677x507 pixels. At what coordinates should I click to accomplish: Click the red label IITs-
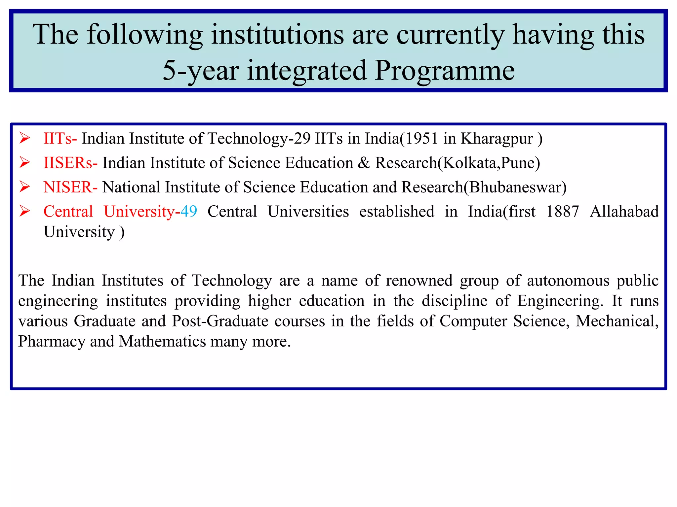click(x=60, y=139)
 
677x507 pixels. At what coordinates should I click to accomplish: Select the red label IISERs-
click(x=70, y=163)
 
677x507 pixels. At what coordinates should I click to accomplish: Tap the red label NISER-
click(x=70, y=187)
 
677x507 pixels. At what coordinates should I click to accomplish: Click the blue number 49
click(x=189, y=212)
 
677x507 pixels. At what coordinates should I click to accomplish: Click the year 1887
click(x=562, y=212)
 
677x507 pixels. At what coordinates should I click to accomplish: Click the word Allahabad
click(x=624, y=212)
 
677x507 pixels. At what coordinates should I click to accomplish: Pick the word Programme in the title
click(x=445, y=71)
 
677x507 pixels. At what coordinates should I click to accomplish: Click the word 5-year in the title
click(x=201, y=71)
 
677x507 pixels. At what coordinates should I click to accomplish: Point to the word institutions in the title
click(x=277, y=35)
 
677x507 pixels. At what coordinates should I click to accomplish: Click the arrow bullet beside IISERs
click(x=25, y=163)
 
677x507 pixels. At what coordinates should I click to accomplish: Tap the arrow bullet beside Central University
click(x=25, y=211)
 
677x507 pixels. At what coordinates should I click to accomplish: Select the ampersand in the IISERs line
click(x=364, y=163)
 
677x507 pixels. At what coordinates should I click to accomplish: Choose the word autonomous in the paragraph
click(x=568, y=281)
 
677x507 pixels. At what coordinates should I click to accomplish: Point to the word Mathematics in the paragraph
click(x=162, y=342)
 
